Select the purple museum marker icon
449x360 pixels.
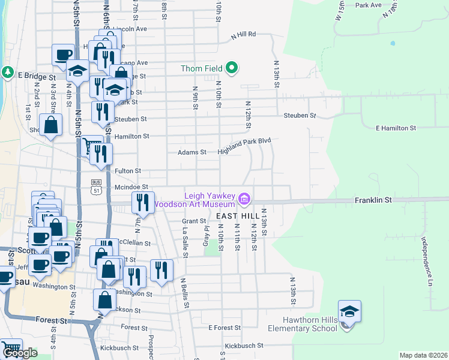244,198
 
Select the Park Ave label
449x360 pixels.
369,5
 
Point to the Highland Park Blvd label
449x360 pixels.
245,145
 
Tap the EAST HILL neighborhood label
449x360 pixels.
238,215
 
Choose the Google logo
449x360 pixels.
20,353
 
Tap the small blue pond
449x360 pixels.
393,43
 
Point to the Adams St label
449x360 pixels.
191,152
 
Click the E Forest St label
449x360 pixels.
224,328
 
